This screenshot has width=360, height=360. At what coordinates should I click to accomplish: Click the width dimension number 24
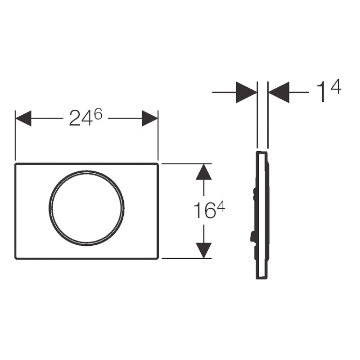point(81,118)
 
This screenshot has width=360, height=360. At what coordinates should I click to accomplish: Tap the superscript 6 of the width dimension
point(98,114)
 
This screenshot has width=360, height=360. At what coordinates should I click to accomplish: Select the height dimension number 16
point(205,210)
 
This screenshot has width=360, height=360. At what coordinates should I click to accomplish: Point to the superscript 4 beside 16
point(221,207)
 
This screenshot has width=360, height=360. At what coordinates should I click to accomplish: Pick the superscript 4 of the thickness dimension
point(336,86)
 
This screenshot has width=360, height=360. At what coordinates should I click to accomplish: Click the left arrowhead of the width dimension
point(23,118)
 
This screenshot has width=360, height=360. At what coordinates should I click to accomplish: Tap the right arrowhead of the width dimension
point(150,118)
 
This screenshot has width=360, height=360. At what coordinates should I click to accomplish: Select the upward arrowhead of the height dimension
point(204,171)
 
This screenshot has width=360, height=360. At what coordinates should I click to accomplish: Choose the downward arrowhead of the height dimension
point(204,251)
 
